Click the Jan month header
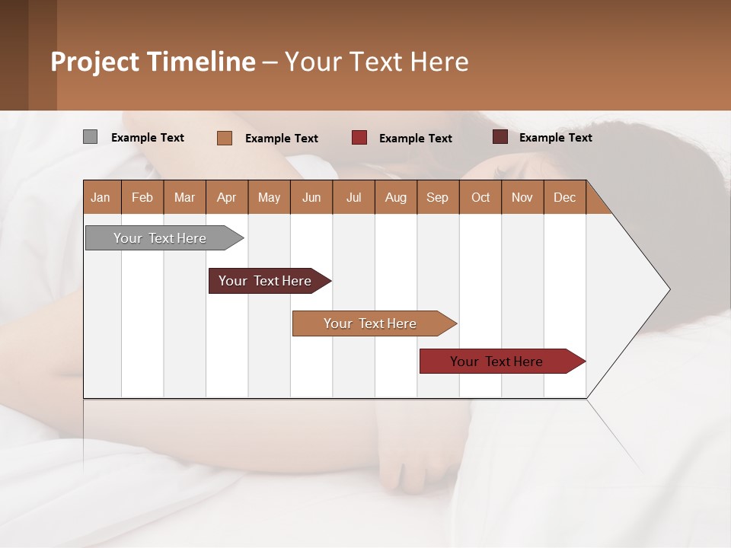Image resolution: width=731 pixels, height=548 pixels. point(101,197)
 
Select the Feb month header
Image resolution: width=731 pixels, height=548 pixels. point(142,197)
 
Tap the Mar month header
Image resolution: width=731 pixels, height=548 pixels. point(184,197)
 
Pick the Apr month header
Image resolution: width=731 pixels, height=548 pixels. point(227,197)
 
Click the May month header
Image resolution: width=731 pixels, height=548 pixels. point(269,197)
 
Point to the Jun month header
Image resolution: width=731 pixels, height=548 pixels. point(311,197)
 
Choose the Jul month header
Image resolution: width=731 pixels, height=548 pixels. point(353,197)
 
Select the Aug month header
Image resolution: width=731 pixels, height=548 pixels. point(396,197)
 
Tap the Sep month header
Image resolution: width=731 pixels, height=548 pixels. point(438,197)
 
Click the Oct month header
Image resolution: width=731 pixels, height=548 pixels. point(480,197)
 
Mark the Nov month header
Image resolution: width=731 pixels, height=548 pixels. point(522,197)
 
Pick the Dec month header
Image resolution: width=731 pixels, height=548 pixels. point(565,197)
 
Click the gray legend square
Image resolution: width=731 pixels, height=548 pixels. point(90,137)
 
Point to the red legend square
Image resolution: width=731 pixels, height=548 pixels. point(359,138)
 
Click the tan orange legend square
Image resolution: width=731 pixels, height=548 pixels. point(225,138)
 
